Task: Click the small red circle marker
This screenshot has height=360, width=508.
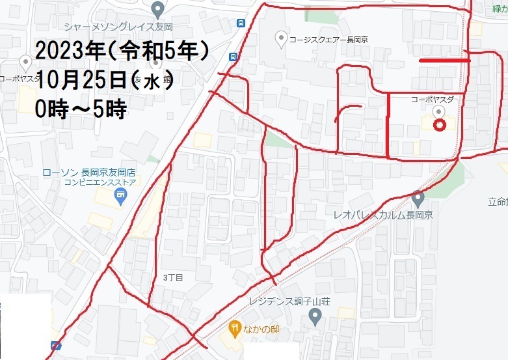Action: [x=439, y=126]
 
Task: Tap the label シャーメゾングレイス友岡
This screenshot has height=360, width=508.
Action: [x=117, y=27]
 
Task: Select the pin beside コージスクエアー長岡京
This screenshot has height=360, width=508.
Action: [x=281, y=39]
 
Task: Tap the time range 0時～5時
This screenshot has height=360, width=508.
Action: [x=81, y=109]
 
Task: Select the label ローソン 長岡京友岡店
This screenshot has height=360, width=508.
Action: [x=88, y=173]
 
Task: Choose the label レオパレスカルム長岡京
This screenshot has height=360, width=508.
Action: [x=383, y=215]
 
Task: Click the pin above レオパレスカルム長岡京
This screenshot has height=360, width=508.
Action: [x=418, y=197]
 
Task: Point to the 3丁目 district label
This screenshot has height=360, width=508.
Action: [x=173, y=277]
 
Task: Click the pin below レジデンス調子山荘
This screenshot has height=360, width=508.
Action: [x=315, y=318]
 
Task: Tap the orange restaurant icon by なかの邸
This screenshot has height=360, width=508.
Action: [x=233, y=329]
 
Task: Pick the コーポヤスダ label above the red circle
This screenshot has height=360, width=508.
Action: [x=432, y=100]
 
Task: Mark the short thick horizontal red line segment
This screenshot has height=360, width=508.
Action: [x=444, y=60]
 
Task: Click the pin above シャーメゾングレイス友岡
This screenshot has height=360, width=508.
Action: [x=157, y=9]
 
